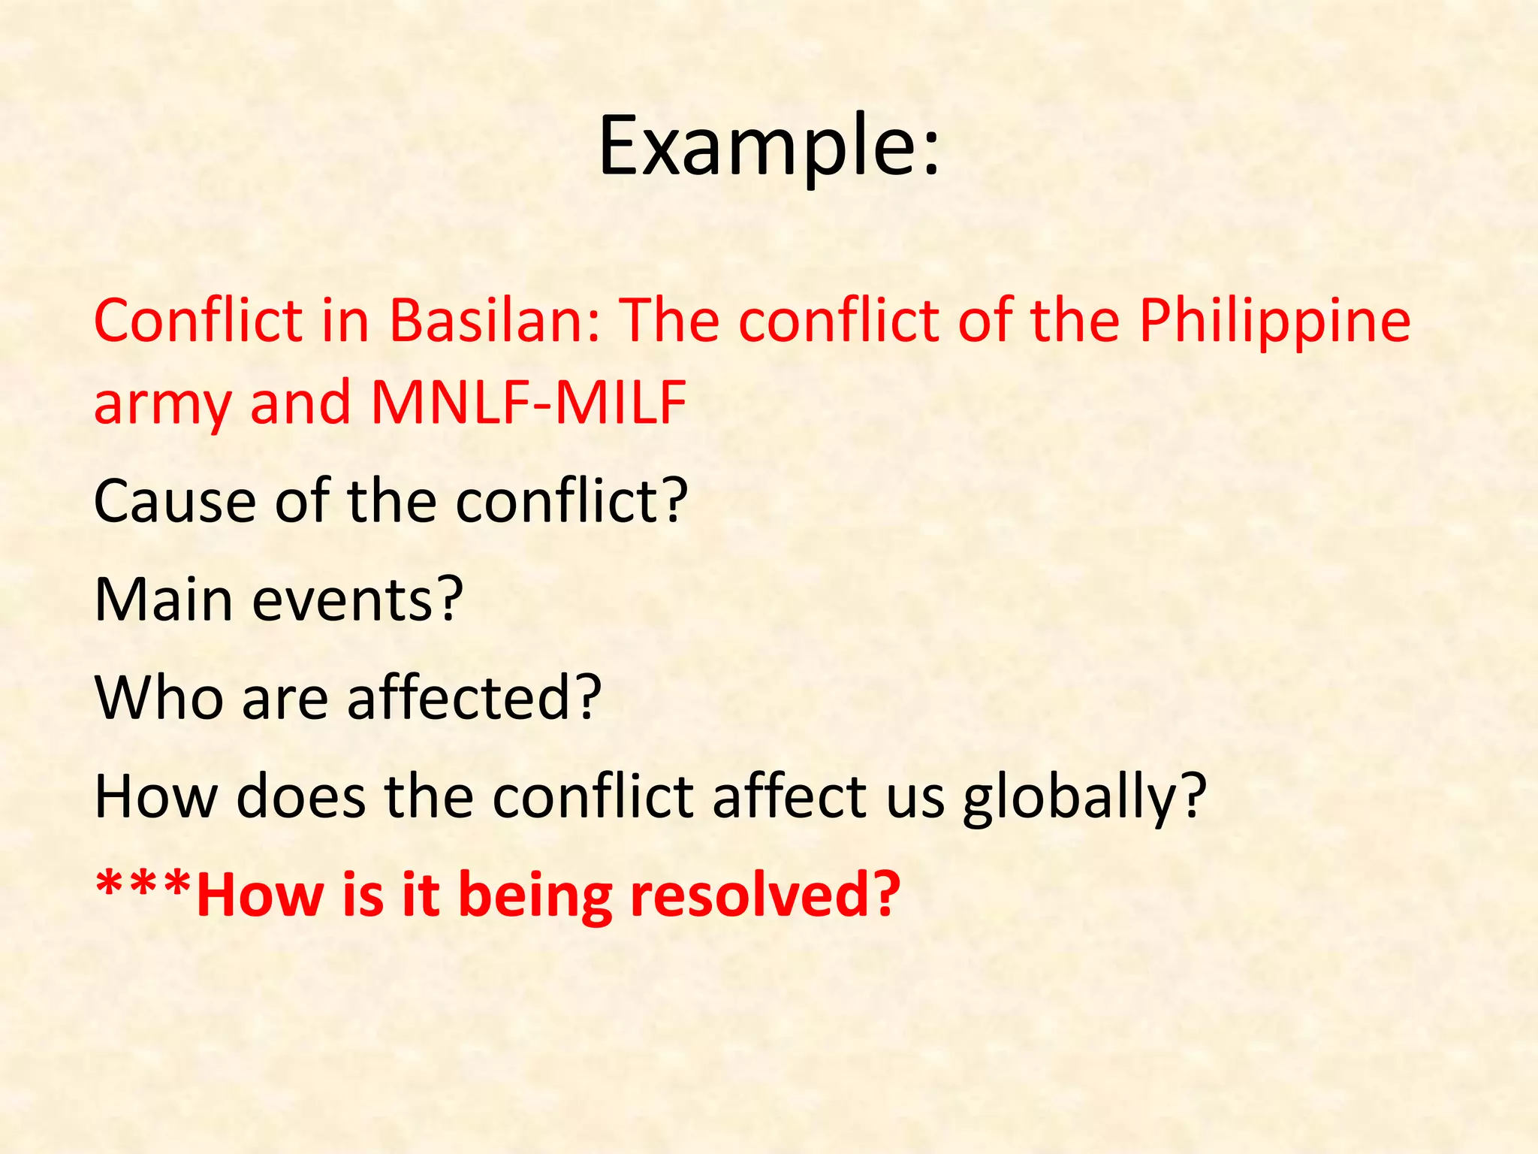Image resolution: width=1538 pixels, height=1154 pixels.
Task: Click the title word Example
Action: tap(755, 147)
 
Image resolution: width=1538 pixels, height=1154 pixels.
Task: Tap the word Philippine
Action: tap(1274, 322)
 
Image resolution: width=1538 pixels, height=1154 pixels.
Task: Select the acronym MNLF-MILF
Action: tap(529, 403)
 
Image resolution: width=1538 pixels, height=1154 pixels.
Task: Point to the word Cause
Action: tap(174, 501)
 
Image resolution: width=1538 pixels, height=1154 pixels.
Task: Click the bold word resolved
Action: tap(751, 896)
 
